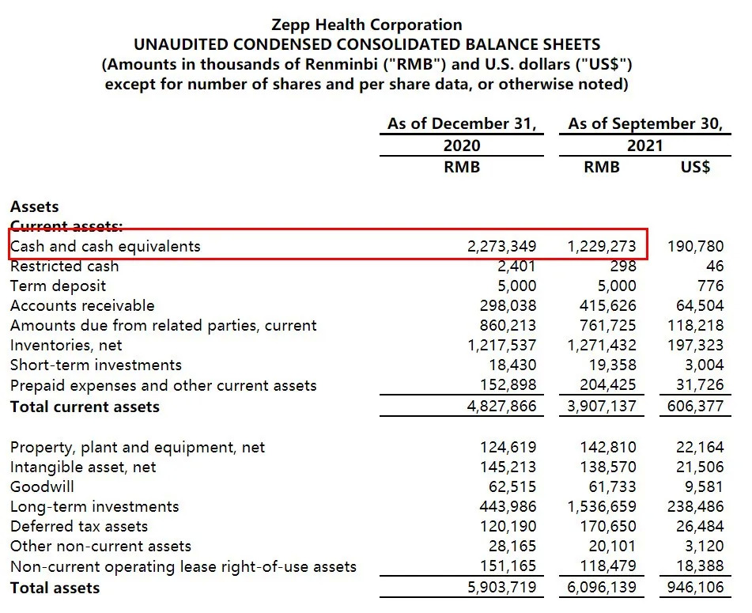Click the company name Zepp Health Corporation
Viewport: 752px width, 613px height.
(x=366, y=25)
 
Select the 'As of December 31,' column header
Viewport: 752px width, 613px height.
(x=462, y=124)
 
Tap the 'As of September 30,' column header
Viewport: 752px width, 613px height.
(x=645, y=124)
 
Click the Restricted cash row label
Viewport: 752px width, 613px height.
(x=64, y=267)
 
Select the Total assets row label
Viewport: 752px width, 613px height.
(x=55, y=588)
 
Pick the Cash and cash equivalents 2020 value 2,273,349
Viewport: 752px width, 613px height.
(x=501, y=246)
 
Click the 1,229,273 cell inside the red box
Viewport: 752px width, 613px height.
(x=602, y=246)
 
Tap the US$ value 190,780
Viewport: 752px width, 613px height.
(x=696, y=246)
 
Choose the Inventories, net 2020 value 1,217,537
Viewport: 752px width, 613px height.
(x=501, y=346)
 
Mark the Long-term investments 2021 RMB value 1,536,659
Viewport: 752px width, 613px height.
(x=602, y=506)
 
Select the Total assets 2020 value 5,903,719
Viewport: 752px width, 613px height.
(x=501, y=588)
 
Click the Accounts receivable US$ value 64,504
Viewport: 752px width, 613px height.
(x=700, y=306)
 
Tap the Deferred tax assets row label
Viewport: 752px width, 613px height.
(x=78, y=526)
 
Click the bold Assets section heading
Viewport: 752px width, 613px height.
(x=34, y=206)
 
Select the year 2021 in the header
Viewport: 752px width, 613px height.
(x=644, y=146)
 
